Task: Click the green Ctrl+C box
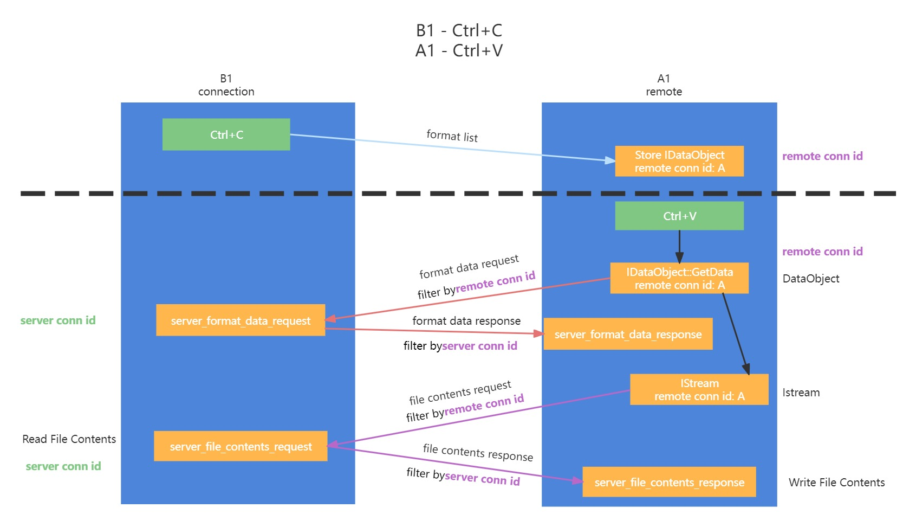(226, 134)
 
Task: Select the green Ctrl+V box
(679, 216)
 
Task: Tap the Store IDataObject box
(679, 161)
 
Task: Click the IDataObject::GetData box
(679, 278)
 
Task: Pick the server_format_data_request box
(241, 320)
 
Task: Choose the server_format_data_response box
(628, 334)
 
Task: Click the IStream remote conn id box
(699, 389)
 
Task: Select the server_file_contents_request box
(241, 446)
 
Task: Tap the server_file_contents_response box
(669, 482)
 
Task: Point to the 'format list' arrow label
(452, 136)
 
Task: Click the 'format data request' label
(469, 266)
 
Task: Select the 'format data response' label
(466, 321)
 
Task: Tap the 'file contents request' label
(460, 393)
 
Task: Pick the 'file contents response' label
(478, 452)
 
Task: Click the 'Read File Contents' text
(69, 439)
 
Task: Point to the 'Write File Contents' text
(836, 483)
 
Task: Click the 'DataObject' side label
(811, 279)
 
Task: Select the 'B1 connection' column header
(226, 85)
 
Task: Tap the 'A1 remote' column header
(664, 85)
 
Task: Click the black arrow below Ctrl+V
(679, 246)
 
